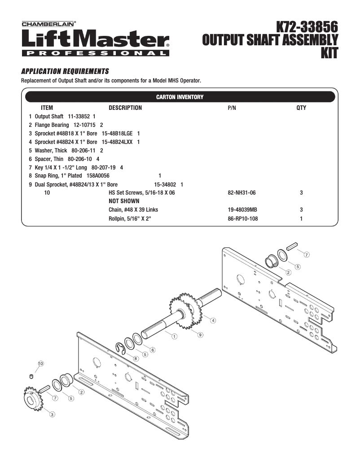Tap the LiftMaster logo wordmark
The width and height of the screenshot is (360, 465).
coord(95,39)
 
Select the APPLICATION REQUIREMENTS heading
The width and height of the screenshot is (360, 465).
coord(65,71)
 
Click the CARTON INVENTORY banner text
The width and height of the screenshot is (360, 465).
coord(180,97)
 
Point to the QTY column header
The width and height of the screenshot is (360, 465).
coord(301,108)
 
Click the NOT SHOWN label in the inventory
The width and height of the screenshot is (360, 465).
coord(124,201)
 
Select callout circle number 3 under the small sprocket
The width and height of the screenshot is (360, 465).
coord(52,414)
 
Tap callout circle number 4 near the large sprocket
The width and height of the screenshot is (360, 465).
coord(213,320)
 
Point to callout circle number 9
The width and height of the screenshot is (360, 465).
coord(200,335)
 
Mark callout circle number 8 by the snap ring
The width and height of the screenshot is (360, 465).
coord(136,359)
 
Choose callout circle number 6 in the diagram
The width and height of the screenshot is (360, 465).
coord(153,349)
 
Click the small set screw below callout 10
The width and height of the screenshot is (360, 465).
coord(31,375)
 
